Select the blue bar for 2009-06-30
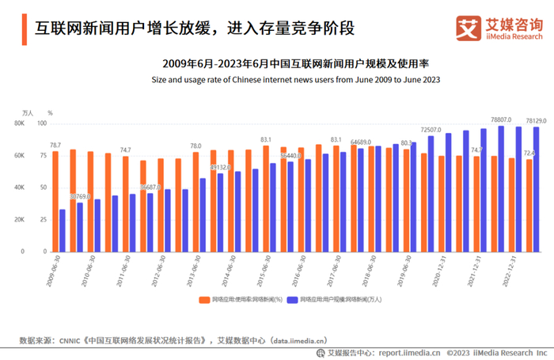[63, 230]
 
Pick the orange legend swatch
[204, 301]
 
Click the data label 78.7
[55, 145]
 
